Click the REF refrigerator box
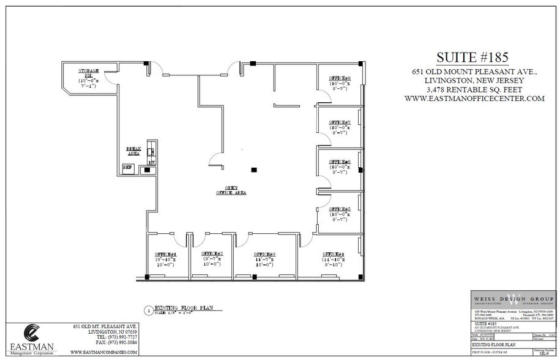point(129,167)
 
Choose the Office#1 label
point(165,254)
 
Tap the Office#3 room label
point(264,254)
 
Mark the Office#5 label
point(340,209)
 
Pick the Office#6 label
point(340,162)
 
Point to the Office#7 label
point(340,122)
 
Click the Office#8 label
point(340,78)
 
